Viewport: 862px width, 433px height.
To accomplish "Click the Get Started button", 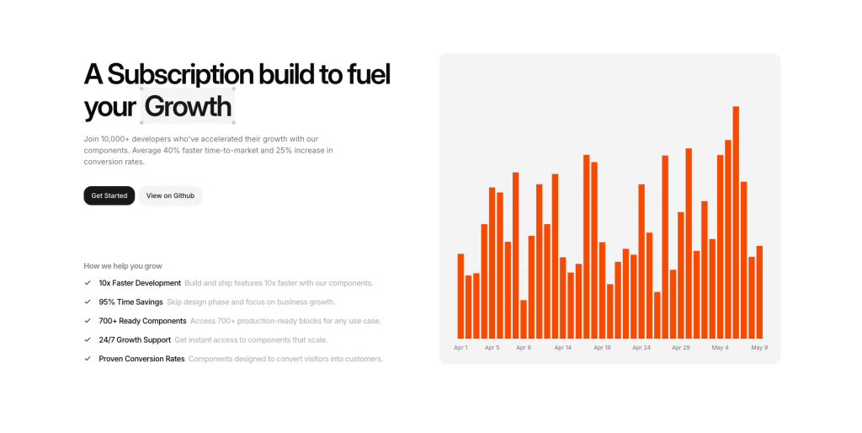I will [109, 195].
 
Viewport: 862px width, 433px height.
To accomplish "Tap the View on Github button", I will [170, 195].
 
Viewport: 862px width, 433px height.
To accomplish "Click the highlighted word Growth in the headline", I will [188, 107].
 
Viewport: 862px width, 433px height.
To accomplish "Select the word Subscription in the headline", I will [180, 74].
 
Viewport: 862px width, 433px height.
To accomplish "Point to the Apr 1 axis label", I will [460, 347].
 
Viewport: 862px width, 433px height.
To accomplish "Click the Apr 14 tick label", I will [562, 347].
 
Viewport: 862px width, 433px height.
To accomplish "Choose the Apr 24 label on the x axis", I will [641, 347].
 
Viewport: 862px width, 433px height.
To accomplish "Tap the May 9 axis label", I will [759, 347].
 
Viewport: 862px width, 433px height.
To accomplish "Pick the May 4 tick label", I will [720, 347].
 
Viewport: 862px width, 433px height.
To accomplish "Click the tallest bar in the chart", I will [736, 222].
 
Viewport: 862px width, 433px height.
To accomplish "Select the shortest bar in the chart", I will [524, 319].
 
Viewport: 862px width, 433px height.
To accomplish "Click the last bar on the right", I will [759, 292].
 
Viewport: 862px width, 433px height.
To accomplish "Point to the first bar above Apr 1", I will [460, 296].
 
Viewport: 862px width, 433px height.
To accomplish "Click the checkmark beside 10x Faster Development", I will [88, 283].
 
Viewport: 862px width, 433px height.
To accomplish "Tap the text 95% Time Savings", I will [130, 302].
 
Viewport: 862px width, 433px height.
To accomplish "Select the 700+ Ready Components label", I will [142, 321].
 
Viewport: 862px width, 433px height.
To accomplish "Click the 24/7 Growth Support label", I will [135, 339].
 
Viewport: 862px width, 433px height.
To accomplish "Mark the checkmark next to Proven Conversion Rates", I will [88, 359].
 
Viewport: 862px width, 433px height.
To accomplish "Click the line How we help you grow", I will [123, 265].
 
